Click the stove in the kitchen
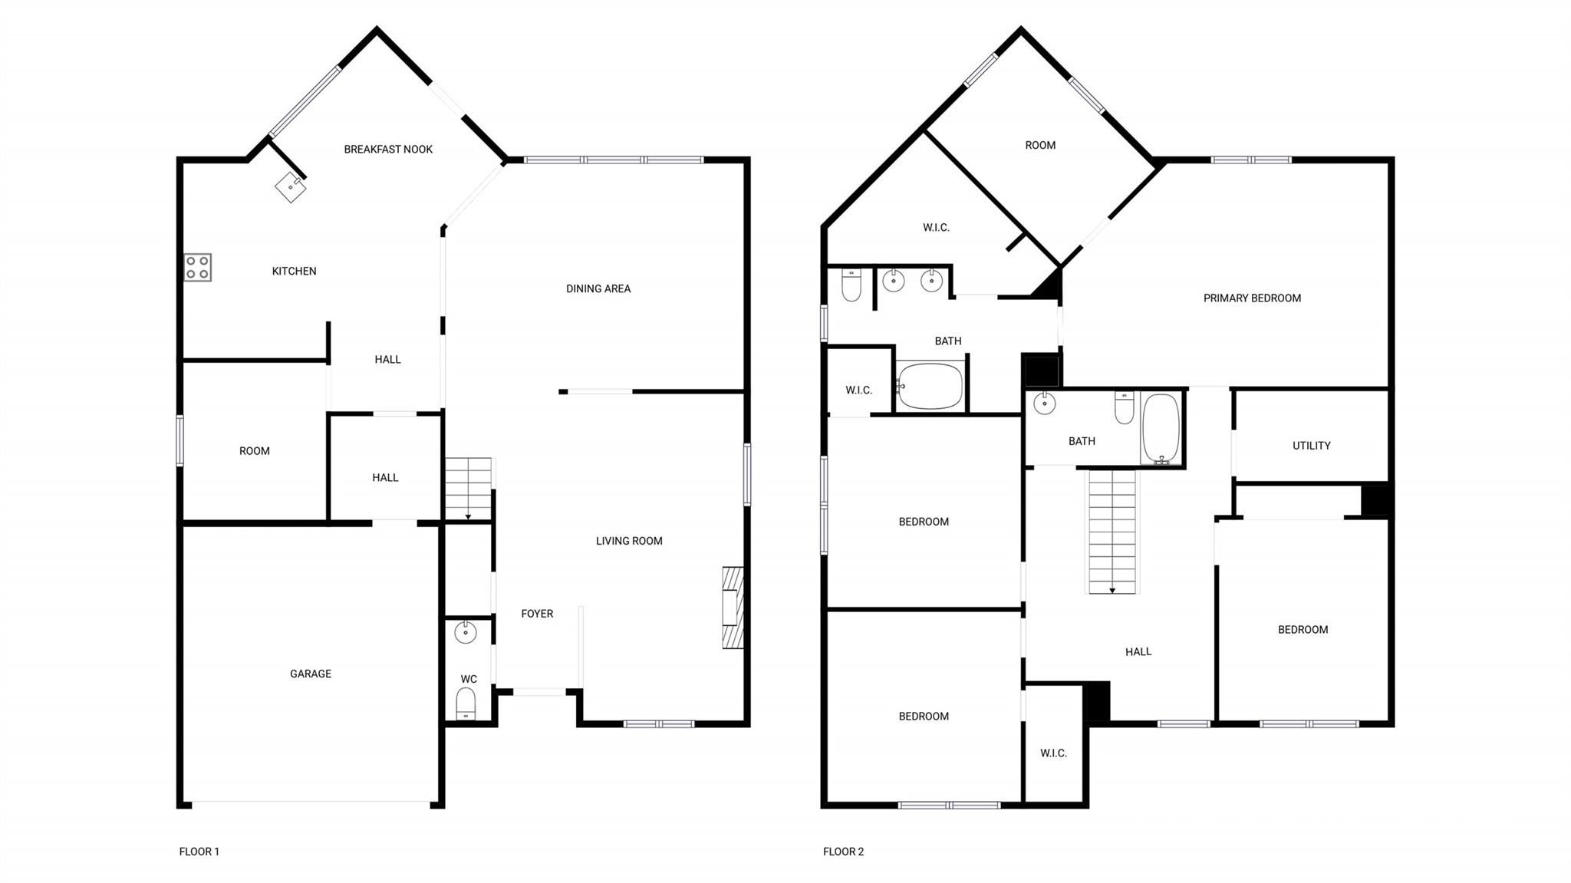point(197,267)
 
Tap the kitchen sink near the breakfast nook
point(290,186)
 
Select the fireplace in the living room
point(733,608)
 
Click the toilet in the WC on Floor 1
point(466,703)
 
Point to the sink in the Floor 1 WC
point(466,632)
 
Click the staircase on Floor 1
point(468,488)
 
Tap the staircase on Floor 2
point(1112,532)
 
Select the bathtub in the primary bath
point(930,386)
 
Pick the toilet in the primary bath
point(851,285)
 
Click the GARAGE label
point(311,674)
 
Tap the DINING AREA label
point(598,288)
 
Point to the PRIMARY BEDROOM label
point(1252,298)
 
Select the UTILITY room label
point(1311,445)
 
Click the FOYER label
point(537,614)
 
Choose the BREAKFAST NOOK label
point(388,149)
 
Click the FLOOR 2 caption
point(843,851)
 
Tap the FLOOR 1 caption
point(199,851)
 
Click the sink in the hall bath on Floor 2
point(1044,403)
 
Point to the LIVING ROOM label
point(629,541)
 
